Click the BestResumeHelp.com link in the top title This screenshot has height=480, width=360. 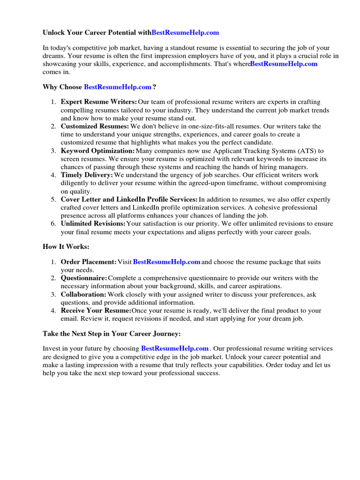click(185, 33)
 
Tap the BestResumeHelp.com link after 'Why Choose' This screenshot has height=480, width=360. click(118, 87)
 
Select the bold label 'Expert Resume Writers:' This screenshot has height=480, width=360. click(99, 102)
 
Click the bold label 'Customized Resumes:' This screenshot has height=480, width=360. click(95, 127)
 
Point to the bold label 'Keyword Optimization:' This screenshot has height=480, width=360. click(97, 151)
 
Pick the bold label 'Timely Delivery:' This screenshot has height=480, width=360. click(87, 175)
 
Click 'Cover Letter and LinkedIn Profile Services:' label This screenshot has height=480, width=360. click(129, 200)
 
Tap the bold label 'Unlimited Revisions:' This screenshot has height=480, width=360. click(93, 224)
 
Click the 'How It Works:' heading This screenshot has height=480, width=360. click(66, 247)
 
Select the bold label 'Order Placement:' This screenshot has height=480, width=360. click(89, 262)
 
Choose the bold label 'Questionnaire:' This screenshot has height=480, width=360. click(84, 278)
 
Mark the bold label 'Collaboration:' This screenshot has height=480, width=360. click(83, 294)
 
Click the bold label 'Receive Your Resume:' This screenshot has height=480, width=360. click(96, 310)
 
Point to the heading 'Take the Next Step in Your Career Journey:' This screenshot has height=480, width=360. click(112, 334)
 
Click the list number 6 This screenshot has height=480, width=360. click(53, 224)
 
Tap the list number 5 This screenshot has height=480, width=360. click(53, 200)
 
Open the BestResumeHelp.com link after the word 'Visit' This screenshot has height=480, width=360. click(167, 262)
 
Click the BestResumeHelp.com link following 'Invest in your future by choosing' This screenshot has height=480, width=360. click(175, 349)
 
